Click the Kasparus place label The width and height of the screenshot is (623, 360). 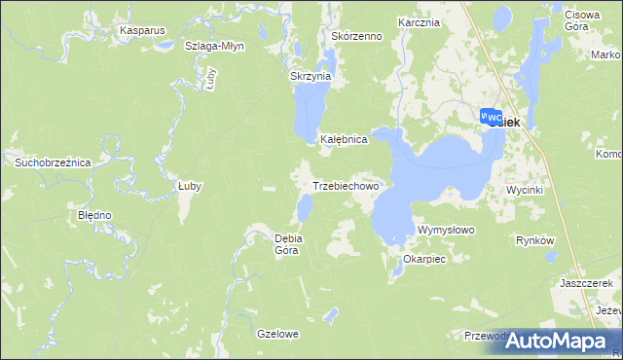[142, 30]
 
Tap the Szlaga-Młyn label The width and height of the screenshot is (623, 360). [214, 46]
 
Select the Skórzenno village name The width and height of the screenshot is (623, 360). [356, 36]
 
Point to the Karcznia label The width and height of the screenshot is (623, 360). [420, 21]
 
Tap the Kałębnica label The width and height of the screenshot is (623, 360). [344, 140]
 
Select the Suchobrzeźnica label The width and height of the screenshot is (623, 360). [52, 162]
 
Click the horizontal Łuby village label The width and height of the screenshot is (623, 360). [189, 186]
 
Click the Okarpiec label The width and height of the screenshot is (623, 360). [423, 260]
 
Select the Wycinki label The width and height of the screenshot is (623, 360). [524, 191]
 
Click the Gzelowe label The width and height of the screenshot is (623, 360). [277, 334]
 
